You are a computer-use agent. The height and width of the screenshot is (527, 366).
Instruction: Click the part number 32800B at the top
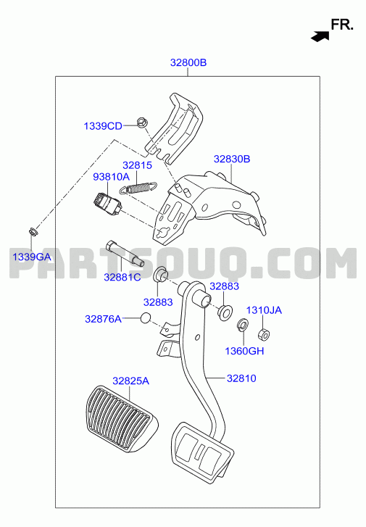point(188,62)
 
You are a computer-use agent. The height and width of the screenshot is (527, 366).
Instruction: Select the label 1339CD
point(103,126)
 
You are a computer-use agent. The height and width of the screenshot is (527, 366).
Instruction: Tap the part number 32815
point(137,165)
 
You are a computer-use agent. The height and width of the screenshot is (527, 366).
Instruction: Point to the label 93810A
point(111,176)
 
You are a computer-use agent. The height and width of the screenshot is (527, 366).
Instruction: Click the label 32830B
point(232,159)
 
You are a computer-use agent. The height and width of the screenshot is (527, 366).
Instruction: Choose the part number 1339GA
point(32,257)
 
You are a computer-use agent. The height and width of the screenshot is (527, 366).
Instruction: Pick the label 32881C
point(122,278)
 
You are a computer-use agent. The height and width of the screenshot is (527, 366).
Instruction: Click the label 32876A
point(103,319)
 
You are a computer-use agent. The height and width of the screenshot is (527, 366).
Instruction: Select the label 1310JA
point(264,310)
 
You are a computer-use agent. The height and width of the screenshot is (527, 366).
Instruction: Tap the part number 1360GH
point(244,351)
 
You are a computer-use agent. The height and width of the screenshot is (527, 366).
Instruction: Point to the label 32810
point(241,378)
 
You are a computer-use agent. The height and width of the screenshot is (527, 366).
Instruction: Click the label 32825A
point(130,381)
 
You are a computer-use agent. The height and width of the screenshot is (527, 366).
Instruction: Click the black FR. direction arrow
point(320,36)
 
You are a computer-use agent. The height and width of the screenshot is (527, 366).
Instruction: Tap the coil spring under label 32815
point(138,188)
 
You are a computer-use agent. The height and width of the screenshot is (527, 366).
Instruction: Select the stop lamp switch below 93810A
point(108,204)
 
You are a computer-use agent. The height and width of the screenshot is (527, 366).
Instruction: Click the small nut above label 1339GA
point(33,231)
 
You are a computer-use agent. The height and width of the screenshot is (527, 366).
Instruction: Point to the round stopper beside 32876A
point(145,318)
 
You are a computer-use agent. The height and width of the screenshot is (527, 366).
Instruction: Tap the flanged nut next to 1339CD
point(141,123)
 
